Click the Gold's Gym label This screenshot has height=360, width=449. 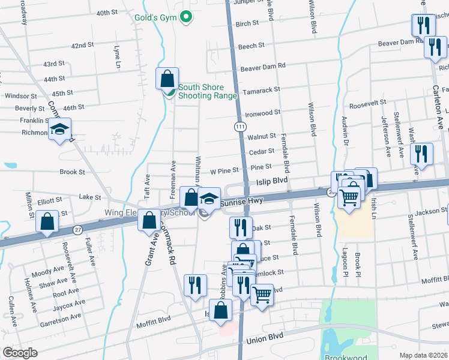pos(160,17)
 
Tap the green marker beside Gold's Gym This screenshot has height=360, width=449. pos(186,17)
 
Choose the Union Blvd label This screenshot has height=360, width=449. pos(265,340)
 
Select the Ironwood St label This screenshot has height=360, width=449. pos(262,112)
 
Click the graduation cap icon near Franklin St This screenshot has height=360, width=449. pos(59,129)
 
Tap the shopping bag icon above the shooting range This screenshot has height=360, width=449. pos(167,79)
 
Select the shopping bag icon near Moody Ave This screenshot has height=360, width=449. pos(47,221)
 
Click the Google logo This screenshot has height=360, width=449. pos(20,353)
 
